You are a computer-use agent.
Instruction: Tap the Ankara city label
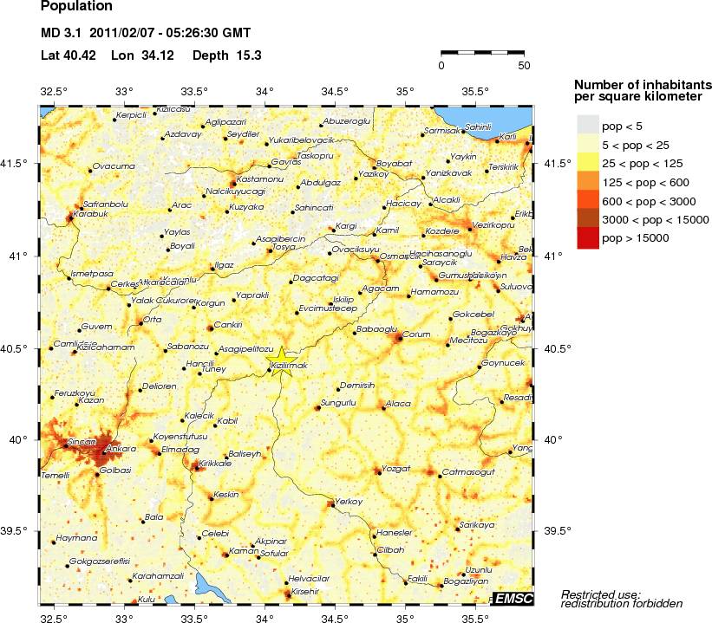pyautogui.click(x=114, y=449)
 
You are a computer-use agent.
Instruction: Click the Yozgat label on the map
pyautogui.click(x=395, y=468)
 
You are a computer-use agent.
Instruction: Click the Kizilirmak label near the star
pyautogui.click(x=289, y=367)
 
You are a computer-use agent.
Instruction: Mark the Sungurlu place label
pyautogui.click(x=338, y=403)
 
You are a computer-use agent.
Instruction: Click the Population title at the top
pyautogui.click(x=76, y=6)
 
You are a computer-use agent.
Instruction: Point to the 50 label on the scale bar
pyautogui.click(x=524, y=65)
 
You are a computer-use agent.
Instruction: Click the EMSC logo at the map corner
pyautogui.click(x=514, y=599)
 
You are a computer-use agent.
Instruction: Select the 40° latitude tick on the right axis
pyautogui.click(x=553, y=439)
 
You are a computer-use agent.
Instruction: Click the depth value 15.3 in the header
pyautogui.click(x=250, y=55)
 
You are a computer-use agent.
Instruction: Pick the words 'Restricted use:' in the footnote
pyautogui.click(x=601, y=594)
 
